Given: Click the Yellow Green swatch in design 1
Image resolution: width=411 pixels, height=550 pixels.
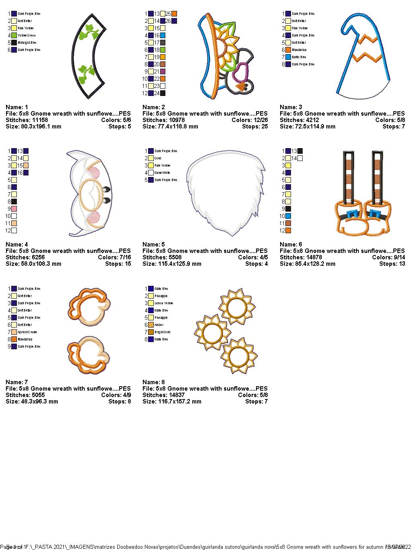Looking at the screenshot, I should pyautogui.click(x=14, y=35).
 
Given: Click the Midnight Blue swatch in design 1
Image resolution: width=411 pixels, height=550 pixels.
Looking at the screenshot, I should pyautogui.click(x=14, y=43).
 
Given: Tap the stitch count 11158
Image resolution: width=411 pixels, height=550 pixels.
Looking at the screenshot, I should pyautogui.click(x=35, y=120).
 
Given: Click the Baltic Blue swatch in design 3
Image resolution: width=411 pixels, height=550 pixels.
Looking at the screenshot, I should pyautogui.click(x=288, y=57).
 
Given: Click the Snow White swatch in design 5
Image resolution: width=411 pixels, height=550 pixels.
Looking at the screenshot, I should pyautogui.click(x=151, y=173).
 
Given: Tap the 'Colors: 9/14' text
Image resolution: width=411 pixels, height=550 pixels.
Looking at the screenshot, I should pyautogui.click(x=388, y=257).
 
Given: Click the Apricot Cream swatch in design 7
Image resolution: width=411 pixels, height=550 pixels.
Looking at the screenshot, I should pyautogui.click(x=14, y=332).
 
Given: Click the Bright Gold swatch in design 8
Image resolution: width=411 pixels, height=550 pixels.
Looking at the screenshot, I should pyautogui.click(x=151, y=332).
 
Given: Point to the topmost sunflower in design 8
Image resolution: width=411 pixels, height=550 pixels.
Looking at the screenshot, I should pyautogui.click(x=236, y=307).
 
